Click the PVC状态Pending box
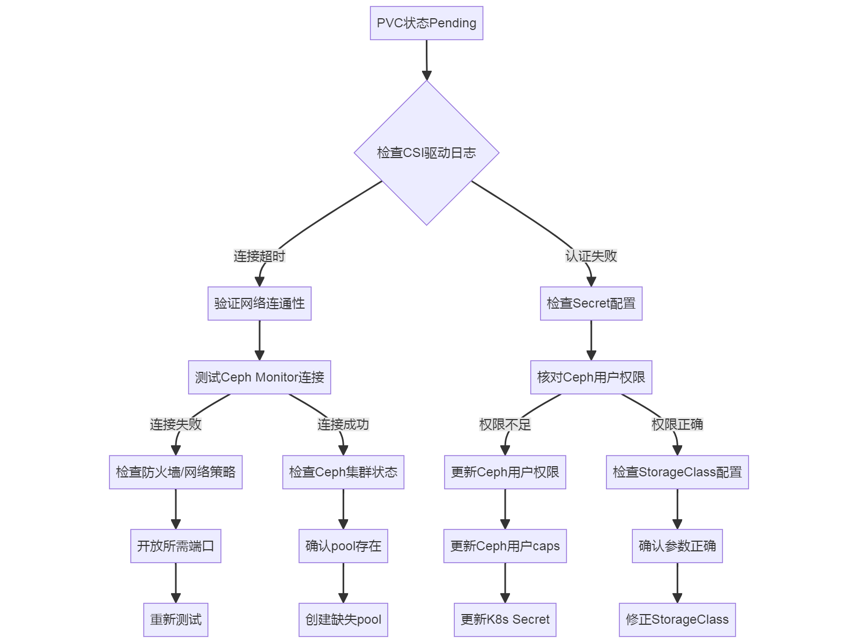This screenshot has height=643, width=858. (426, 23)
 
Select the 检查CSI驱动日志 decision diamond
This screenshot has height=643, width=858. (426, 153)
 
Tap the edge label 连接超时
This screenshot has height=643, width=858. (260, 256)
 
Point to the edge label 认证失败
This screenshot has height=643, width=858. (591, 256)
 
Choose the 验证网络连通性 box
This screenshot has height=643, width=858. (260, 303)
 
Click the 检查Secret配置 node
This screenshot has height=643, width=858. (591, 303)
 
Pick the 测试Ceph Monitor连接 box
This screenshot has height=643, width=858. (260, 377)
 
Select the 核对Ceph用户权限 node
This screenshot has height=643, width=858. (591, 377)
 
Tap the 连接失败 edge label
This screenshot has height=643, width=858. (176, 424)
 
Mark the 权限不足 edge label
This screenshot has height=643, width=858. (505, 424)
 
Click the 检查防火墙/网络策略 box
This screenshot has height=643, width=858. (176, 472)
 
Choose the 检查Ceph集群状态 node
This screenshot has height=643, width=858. (343, 472)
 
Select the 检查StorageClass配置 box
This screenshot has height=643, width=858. (677, 472)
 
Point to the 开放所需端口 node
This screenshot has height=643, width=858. (176, 546)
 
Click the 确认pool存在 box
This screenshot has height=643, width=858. (343, 546)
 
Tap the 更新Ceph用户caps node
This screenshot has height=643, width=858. (505, 546)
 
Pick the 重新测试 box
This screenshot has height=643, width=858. (176, 620)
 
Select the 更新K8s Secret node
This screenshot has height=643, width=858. (505, 620)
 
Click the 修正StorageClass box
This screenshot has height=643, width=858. (677, 620)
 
